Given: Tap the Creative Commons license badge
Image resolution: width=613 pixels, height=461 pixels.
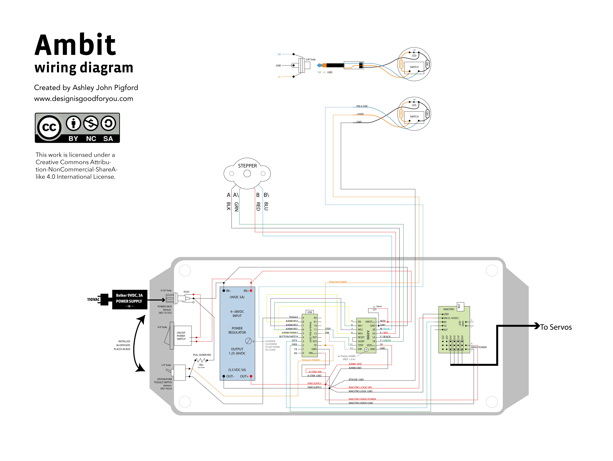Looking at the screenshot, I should [77, 128].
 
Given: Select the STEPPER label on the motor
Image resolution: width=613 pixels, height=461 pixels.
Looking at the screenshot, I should [247, 166].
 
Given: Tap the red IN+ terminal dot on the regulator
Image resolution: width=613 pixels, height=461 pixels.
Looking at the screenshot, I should [251, 291].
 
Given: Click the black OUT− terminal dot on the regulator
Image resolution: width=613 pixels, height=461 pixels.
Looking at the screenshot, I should [224, 376].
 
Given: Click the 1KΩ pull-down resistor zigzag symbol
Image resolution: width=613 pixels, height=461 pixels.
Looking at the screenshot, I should [201, 360].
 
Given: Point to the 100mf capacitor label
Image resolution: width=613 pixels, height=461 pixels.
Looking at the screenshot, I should [379, 306].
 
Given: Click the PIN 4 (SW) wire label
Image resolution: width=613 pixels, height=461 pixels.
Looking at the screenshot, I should [362, 106].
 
